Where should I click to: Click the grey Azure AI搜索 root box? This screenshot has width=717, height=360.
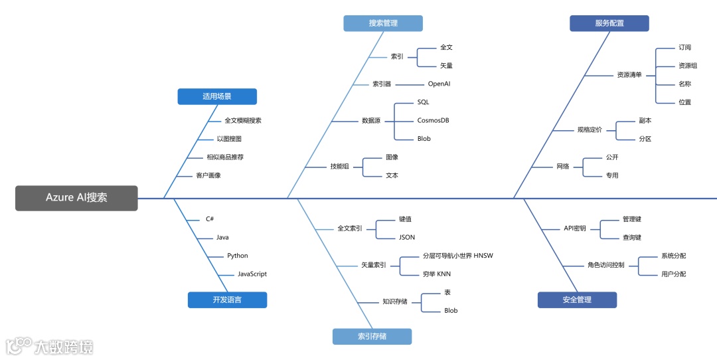[x=76, y=198]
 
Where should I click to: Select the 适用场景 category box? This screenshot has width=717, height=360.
[x=217, y=96]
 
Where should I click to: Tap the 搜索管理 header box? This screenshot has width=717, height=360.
[x=383, y=23]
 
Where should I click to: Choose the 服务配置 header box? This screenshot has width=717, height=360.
[x=609, y=23]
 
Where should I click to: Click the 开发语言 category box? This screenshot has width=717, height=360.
[x=227, y=300]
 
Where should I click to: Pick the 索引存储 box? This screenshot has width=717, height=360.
[x=372, y=336]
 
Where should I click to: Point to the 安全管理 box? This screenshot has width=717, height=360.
[x=577, y=300]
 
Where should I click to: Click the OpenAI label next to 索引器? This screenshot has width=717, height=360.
[x=439, y=84]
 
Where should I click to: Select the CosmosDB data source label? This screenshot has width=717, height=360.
[x=433, y=120]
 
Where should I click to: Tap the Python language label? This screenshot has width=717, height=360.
[x=237, y=255]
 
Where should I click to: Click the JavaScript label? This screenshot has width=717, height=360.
[x=252, y=274]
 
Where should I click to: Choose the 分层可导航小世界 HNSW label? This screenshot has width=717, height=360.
[x=457, y=255]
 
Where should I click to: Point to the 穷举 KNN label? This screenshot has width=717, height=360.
[x=436, y=274]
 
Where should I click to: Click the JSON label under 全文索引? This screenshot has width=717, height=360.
[x=406, y=237]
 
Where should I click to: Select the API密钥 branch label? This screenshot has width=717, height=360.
[x=575, y=228]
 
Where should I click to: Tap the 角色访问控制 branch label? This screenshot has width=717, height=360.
[x=605, y=265]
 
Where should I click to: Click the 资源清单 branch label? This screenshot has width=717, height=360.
[x=629, y=75]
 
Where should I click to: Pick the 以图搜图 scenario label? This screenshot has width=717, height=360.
[x=229, y=139]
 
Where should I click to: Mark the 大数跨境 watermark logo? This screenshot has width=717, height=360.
[x=50, y=346]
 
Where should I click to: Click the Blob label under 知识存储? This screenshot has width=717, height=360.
[x=451, y=310]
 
